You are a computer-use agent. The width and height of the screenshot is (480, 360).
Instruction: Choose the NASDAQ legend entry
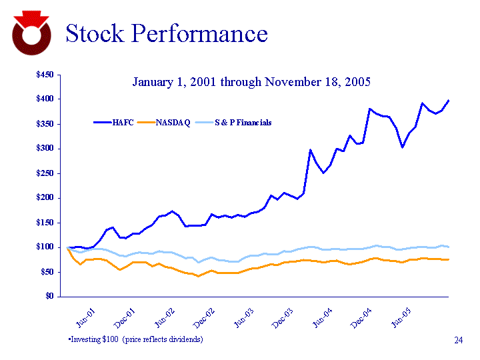pyautogui.click(x=173, y=123)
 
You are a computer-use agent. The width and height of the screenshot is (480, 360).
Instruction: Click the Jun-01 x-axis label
pyautogui.click(x=85, y=315)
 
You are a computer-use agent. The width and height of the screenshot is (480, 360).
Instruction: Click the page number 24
pyautogui.click(x=458, y=341)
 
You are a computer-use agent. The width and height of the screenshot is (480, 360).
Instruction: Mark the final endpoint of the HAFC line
pyautogui.click(x=449, y=101)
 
